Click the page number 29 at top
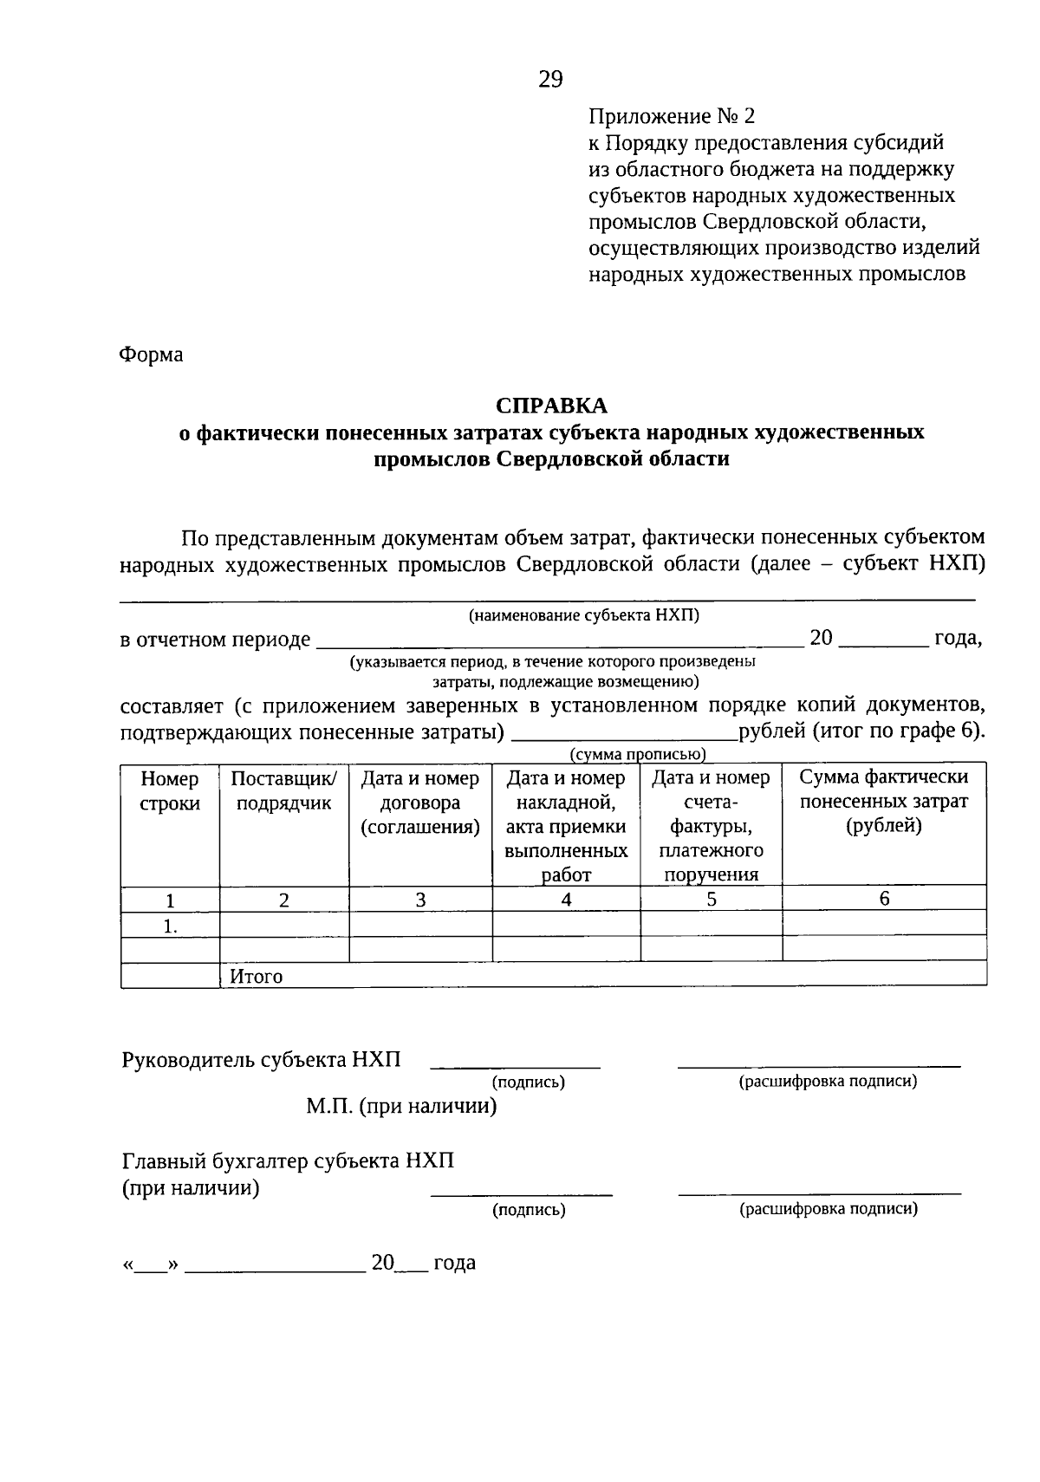point(550,80)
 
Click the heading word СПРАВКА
point(551,406)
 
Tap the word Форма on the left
point(151,354)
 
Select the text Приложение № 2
point(672,116)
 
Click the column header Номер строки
point(170,790)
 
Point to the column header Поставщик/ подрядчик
point(283,790)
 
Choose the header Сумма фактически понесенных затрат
point(883,801)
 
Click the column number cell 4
point(566,900)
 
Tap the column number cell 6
point(884,899)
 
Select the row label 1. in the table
point(170,926)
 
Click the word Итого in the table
point(257,977)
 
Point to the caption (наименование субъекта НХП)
point(583,615)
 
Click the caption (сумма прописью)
point(637,755)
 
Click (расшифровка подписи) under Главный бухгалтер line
point(828,1209)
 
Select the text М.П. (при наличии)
point(400,1107)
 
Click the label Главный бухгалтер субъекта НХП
point(288,1161)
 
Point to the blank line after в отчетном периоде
point(559,645)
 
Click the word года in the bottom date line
point(454,1263)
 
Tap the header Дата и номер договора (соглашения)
point(420,803)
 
